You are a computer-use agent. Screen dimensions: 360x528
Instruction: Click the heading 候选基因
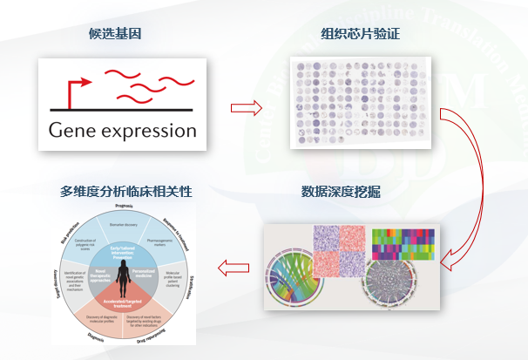[116, 35]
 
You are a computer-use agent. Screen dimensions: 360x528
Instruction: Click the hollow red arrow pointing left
[234, 263]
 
